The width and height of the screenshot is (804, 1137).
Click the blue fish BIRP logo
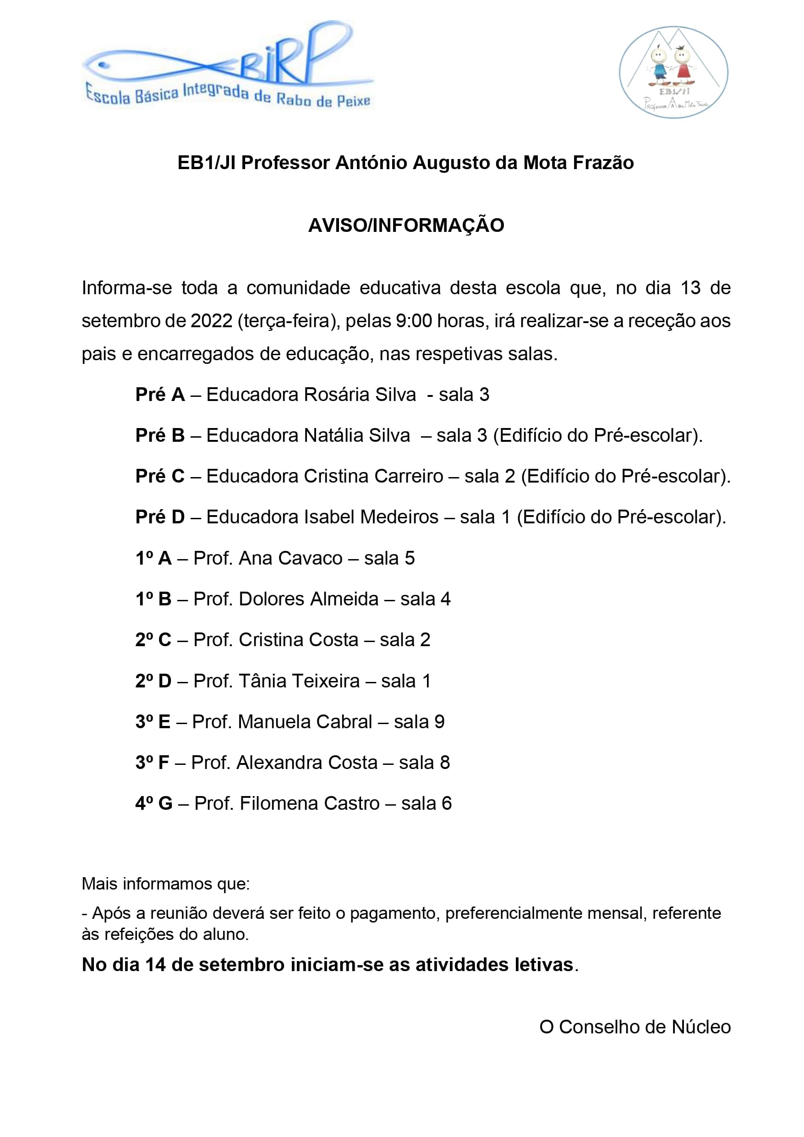(228, 64)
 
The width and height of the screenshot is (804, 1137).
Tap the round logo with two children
(673, 72)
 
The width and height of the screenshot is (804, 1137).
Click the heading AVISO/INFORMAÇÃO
(406, 225)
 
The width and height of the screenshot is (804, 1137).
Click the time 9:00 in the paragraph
(414, 321)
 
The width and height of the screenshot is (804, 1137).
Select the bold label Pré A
(160, 395)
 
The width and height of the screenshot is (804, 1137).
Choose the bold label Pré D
(160, 517)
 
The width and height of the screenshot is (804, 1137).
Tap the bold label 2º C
(153, 640)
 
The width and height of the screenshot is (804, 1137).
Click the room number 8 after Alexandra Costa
(444, 763)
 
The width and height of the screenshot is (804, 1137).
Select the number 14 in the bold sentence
(155, 965)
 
